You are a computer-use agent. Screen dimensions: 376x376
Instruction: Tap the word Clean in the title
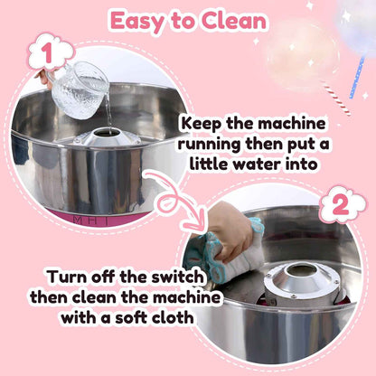233,21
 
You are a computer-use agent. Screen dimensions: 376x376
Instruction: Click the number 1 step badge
42,55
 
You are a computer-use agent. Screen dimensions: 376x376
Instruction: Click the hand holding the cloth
230,231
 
